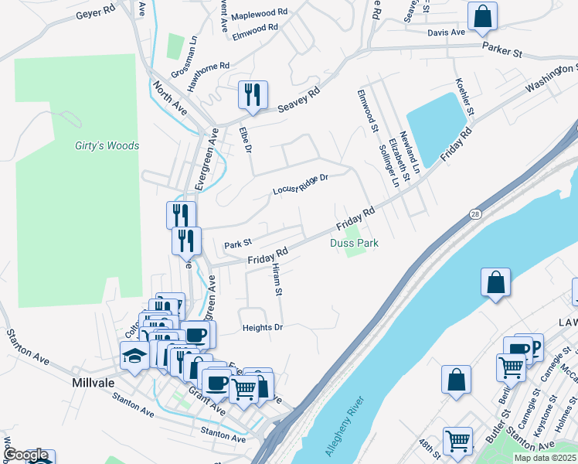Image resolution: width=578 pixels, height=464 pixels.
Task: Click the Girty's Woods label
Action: [107, 146]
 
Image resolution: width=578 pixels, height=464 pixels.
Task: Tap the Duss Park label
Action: [354, 243]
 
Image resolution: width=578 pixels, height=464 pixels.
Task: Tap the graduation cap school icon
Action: [134, 356]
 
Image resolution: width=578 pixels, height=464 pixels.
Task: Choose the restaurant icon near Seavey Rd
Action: [253, 95]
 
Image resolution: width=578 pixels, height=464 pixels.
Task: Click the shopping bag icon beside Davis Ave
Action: [482, 15]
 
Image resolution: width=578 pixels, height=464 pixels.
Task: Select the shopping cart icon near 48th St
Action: [457, 441]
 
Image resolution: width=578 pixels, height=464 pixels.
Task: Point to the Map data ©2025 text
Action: [545, 458]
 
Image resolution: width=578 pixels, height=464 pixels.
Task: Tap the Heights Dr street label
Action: [263, 328]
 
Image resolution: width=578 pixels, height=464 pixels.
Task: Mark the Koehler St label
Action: [464, 97]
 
